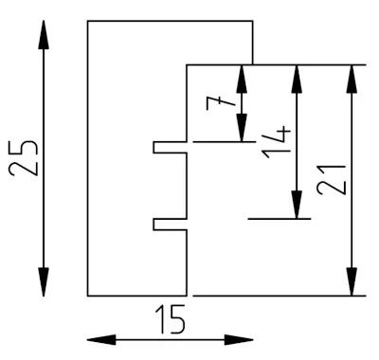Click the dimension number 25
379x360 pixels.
tap(24, 157)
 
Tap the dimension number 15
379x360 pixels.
tap(170, 319)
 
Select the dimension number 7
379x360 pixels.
tap(221, 103)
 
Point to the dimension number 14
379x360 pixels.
tap(276, 142)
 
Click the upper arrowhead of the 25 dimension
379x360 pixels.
tap(44, 35)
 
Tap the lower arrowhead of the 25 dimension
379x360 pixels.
tap(44, 282)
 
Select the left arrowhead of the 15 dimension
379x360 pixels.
tap(101, 340)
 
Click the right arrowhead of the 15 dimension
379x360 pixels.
tap(239, 340)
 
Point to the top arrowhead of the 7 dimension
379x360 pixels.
tap(242, 79)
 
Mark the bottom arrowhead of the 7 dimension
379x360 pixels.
tap(242, 128)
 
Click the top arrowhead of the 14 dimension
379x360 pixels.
tap(297, 79)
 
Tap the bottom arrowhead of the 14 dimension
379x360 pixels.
tap(297, 205)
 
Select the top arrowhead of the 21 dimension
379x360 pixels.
tap(352, 79)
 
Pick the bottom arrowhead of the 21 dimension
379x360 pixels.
tap(352, 281)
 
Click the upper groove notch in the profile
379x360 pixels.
tap(170, 147)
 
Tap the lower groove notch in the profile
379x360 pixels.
tap(170, 225)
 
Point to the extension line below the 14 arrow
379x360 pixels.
tap(280, 219)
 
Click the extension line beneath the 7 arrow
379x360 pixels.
tap(225, 142)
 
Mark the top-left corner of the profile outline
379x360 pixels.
tap(88, 21)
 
